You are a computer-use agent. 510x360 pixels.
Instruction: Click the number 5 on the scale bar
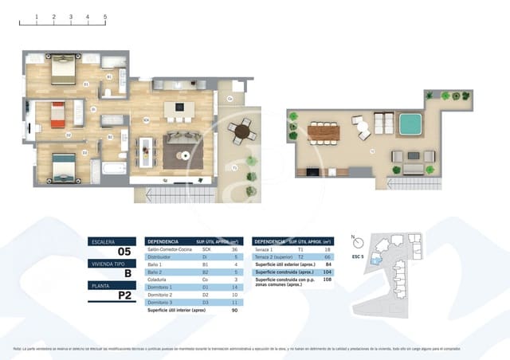tap(105, 16)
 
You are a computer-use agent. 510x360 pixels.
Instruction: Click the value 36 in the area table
tap(235, 249)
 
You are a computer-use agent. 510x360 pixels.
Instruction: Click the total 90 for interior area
tap(235, 311)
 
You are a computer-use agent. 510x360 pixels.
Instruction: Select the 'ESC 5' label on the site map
tap(357, 258)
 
